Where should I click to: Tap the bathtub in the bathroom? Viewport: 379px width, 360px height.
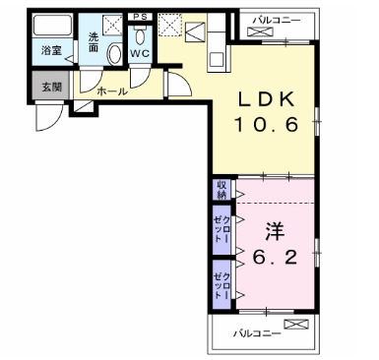(x=48, y=27)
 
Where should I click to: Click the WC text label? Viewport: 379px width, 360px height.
(x=139, y=55)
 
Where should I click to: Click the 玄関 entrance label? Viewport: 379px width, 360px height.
(x=49, y=87)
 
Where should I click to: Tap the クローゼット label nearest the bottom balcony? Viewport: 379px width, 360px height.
(x=221, y=279)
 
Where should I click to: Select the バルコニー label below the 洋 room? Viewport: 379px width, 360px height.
(x=257, y=332)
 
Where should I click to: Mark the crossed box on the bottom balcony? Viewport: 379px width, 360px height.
(x=295, y=324)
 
